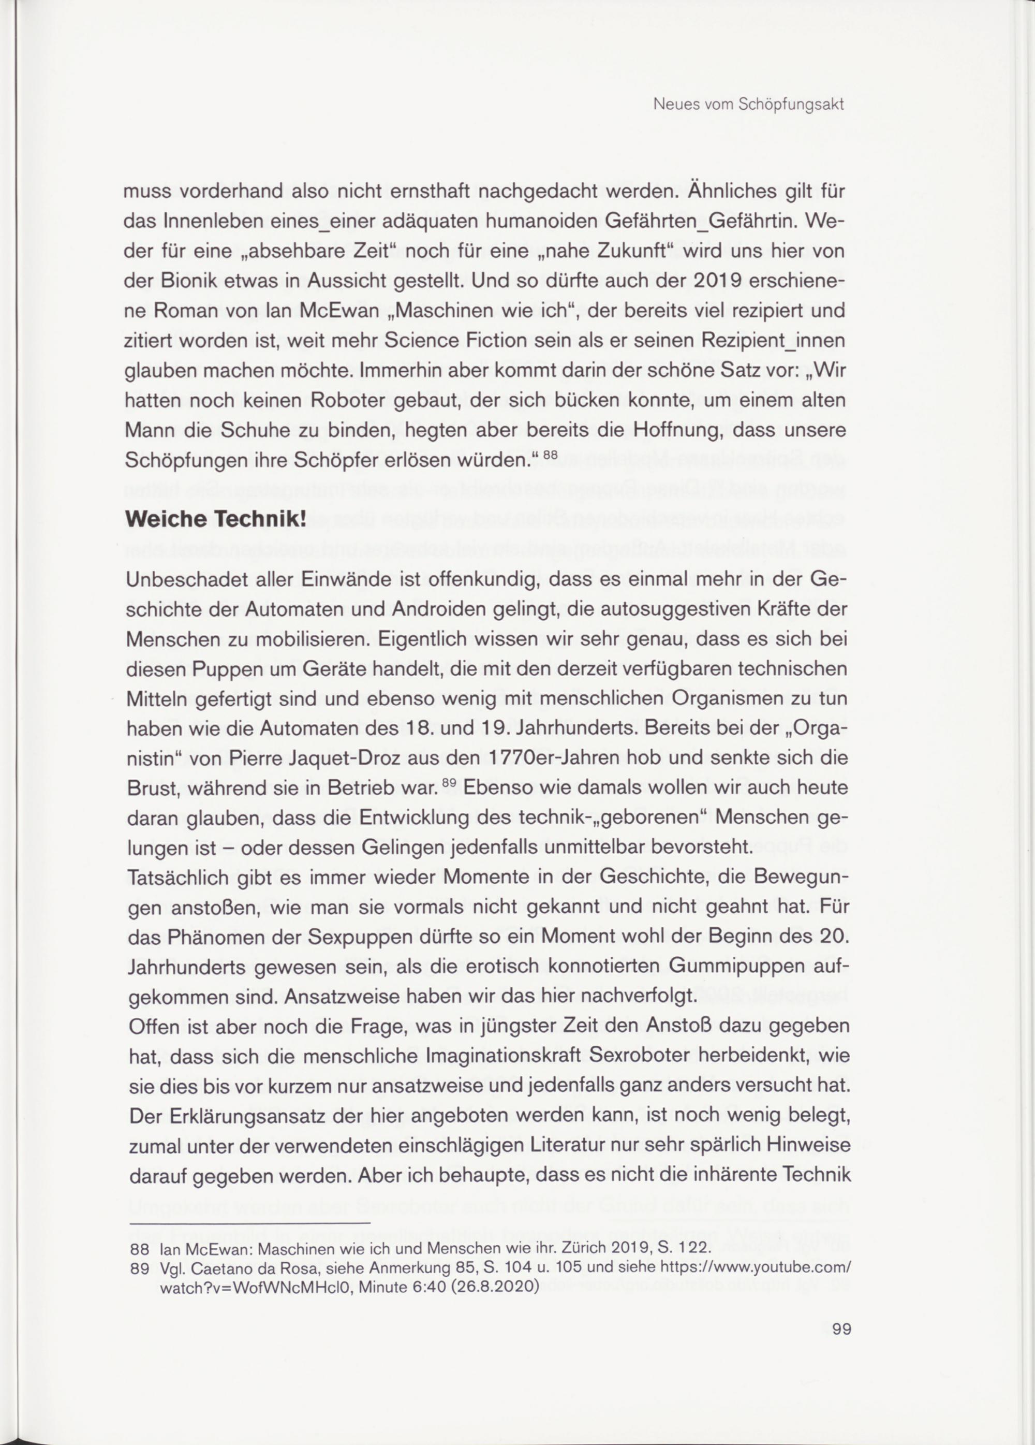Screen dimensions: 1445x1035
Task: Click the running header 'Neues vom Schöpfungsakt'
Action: (x=748, y=105)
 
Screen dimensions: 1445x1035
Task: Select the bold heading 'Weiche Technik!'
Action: (x=216, y=520)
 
